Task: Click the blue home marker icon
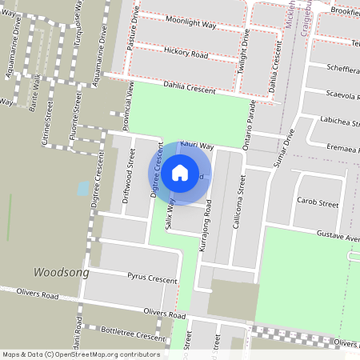pyautogui.click(x=180, y=173)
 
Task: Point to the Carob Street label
pyautogui.click(x=317, y=203)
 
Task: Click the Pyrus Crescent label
pyautogui.click(x=151, y=278)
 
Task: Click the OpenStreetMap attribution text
pyautogui.click(x=81, y=354)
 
